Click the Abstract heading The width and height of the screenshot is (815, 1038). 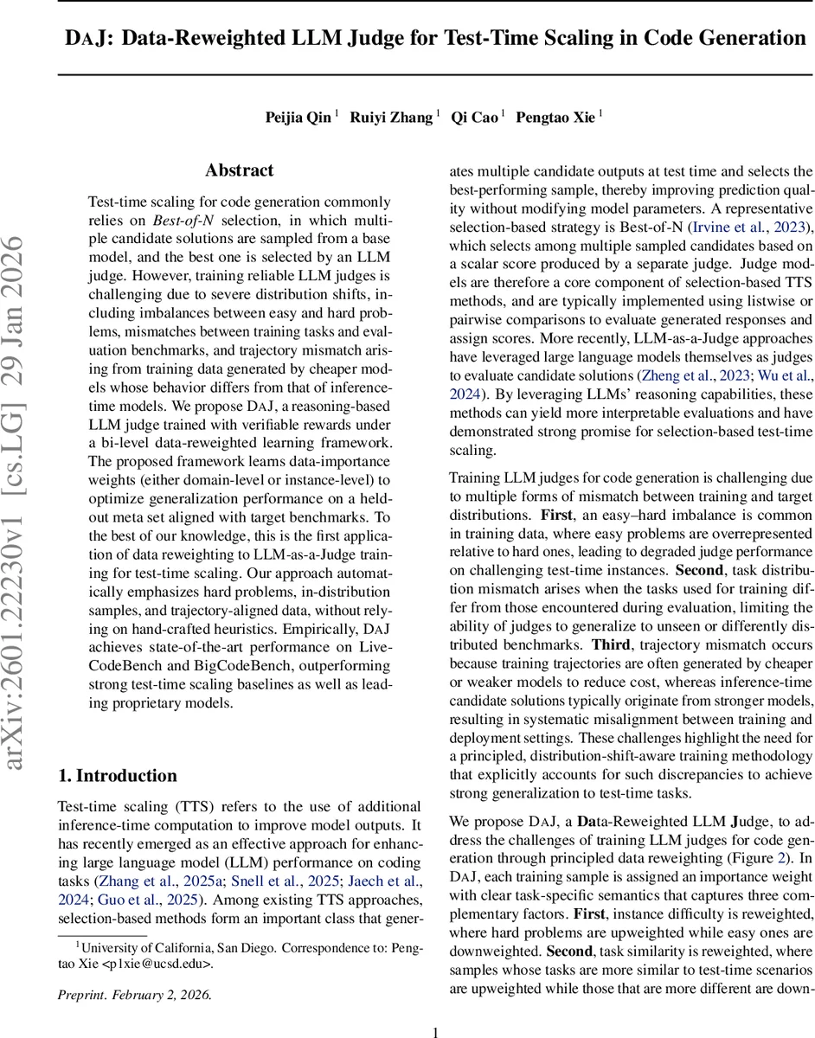click(x=240, y=170)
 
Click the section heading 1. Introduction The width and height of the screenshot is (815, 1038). click(x=117, y=775)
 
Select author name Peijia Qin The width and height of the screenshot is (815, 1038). click(x=298, y=118)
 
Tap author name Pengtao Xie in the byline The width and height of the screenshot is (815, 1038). click(x=555, y=118)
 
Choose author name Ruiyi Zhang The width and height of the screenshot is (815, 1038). click(x=391, y=118)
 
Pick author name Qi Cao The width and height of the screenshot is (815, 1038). click(x=474, y=118)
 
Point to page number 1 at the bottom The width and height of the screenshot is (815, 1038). click(x=436, y=1031)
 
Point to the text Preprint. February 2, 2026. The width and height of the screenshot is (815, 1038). click(x=134, y=995)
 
